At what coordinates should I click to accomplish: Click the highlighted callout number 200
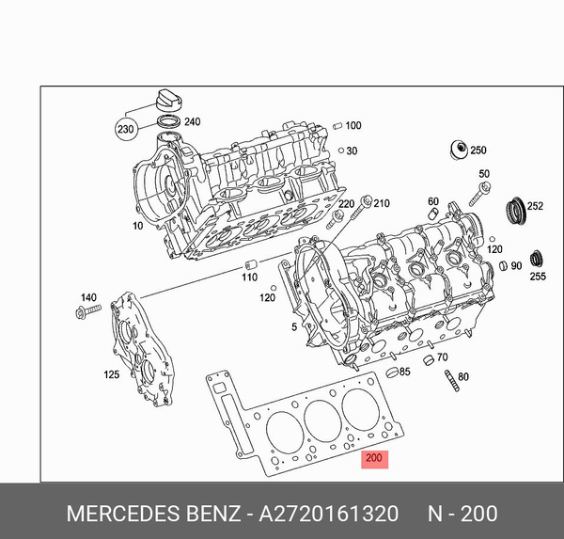click(375, 459)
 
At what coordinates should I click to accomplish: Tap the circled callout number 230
click(125, 129)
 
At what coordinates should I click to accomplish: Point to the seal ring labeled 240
click(169, 122)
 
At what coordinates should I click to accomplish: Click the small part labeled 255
click(538, 257)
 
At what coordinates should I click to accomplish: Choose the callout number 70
click(441, 357)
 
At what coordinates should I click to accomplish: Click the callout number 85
click(405, 372)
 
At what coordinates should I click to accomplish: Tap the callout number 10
click(138, 226)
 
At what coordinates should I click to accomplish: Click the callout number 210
click(381, 202)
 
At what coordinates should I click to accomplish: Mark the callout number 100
click(352, 125)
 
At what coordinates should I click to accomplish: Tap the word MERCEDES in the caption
click(115, 514)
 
